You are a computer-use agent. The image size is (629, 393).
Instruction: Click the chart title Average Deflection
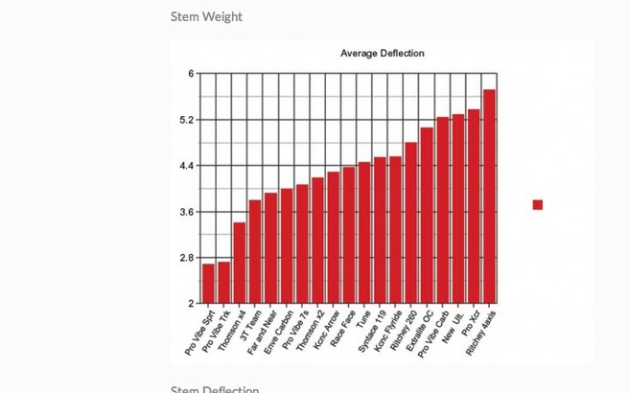(382, 53)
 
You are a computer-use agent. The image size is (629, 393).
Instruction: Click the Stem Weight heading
(206, 16)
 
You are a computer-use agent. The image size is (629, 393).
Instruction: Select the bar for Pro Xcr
(474, 206)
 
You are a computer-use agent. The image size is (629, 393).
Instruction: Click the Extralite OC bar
(427, 216)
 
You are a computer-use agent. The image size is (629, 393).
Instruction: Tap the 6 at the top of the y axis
(191, 74)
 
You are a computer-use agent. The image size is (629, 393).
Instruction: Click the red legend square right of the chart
(538, 204)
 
